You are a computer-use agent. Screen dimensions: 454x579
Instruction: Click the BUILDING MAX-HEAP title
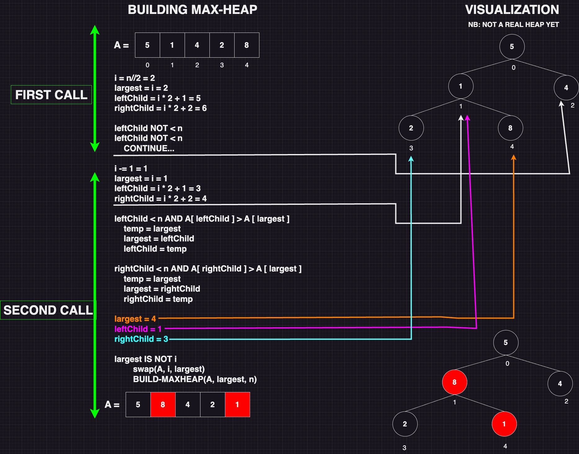[192, 10]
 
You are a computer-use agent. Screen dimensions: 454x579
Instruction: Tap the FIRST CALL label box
[51, 95]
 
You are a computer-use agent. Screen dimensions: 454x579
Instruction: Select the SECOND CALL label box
[48, 310]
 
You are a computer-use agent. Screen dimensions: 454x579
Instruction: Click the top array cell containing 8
[247, 45]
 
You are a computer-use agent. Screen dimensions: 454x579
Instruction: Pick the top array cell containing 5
[147, 45]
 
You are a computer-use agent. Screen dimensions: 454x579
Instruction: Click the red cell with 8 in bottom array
[163, 404]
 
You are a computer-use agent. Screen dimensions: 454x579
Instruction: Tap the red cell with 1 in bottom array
[237, 404]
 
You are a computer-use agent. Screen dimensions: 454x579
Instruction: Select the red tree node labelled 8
[455, 382]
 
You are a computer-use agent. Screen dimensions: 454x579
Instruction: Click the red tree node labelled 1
[504, 424]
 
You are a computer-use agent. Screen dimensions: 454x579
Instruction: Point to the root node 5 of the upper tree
[512, 46]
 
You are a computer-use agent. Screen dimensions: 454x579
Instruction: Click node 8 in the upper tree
[510, 128]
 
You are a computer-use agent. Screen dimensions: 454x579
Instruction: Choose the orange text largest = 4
[135, 319]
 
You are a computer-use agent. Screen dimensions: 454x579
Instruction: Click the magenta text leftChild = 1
[138, 329]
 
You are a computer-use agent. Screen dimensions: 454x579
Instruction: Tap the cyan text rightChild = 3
[141, 339]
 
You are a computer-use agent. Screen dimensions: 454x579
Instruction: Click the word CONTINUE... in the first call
[149, 148]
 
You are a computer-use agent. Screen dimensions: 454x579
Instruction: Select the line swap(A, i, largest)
[169, 369]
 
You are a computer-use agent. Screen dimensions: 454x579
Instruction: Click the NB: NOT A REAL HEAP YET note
[514, 25]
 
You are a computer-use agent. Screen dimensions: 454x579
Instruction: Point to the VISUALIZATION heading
[512, 10]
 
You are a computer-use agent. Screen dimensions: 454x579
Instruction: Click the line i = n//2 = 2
[135, 78]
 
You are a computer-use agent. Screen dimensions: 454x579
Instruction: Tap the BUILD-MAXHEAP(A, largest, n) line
[195, 379]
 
